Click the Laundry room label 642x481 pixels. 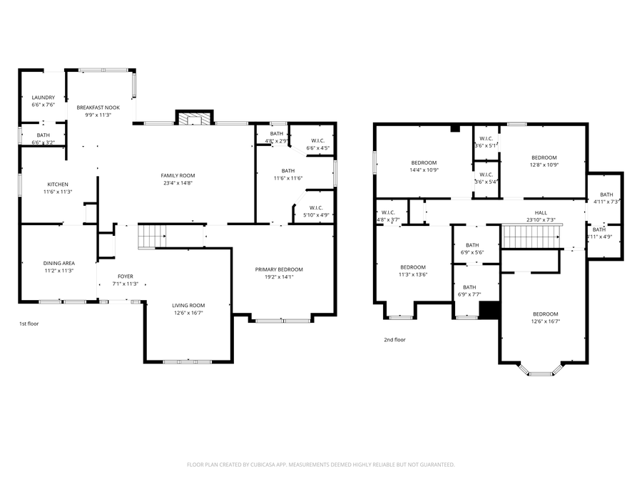[x=43, y=98]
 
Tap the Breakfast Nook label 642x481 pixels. [x=98, y=108]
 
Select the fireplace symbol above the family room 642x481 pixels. [x=194, y=118]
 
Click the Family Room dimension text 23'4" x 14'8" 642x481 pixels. [x=178, y=183]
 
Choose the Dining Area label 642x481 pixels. [x=58, y=263]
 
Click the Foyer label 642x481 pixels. [x=125, y=276]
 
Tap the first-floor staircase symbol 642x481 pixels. [x=151, y=234]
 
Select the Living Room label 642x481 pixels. [x=188, y=305]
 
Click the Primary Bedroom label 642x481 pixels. [x=279, y=269]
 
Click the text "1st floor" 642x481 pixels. [x=29, y=324]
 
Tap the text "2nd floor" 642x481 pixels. [x=394, y=340]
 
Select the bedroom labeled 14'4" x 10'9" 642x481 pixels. [x=423, y=162]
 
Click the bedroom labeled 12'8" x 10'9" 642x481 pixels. [x=544, y=157]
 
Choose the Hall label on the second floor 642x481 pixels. [x=541, y=213]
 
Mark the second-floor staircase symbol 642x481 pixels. [x=530, y=236]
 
